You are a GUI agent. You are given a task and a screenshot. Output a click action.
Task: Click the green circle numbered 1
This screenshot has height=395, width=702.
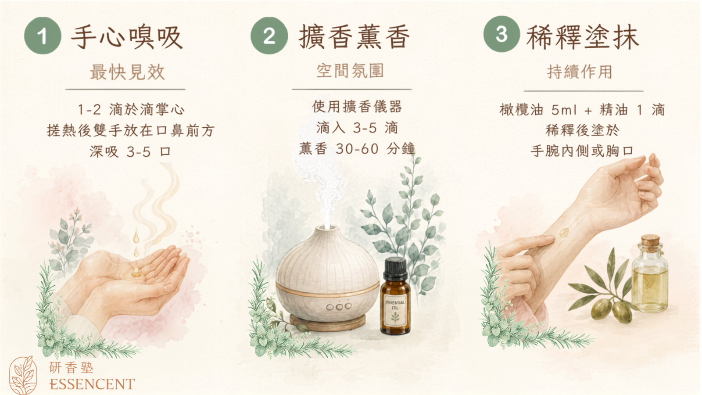point(43,36)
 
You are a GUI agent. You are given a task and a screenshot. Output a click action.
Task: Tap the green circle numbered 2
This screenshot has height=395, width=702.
point(269,36)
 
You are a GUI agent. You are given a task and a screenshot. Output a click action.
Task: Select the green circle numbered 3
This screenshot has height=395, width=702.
point(501,34)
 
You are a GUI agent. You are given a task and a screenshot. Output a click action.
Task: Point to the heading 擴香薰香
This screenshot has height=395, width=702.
point(354,37)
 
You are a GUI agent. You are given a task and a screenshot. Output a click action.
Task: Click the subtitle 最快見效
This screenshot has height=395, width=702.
point(127,72)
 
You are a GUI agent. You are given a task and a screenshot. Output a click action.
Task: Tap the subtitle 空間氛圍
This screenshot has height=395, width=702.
point(350,71)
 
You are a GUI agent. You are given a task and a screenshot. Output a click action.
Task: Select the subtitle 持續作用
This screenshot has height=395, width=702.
point(580,72)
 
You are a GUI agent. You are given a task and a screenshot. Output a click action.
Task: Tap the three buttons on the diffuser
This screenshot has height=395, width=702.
point(339,306)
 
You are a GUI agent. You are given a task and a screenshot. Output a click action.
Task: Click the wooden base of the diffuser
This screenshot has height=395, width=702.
point(327,322)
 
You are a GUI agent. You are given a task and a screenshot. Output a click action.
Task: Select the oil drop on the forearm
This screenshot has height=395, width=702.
point(564,232)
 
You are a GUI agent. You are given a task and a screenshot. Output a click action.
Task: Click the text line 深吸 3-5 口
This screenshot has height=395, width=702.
point(130,152)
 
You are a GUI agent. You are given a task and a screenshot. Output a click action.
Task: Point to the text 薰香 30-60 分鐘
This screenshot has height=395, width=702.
point(357,149)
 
